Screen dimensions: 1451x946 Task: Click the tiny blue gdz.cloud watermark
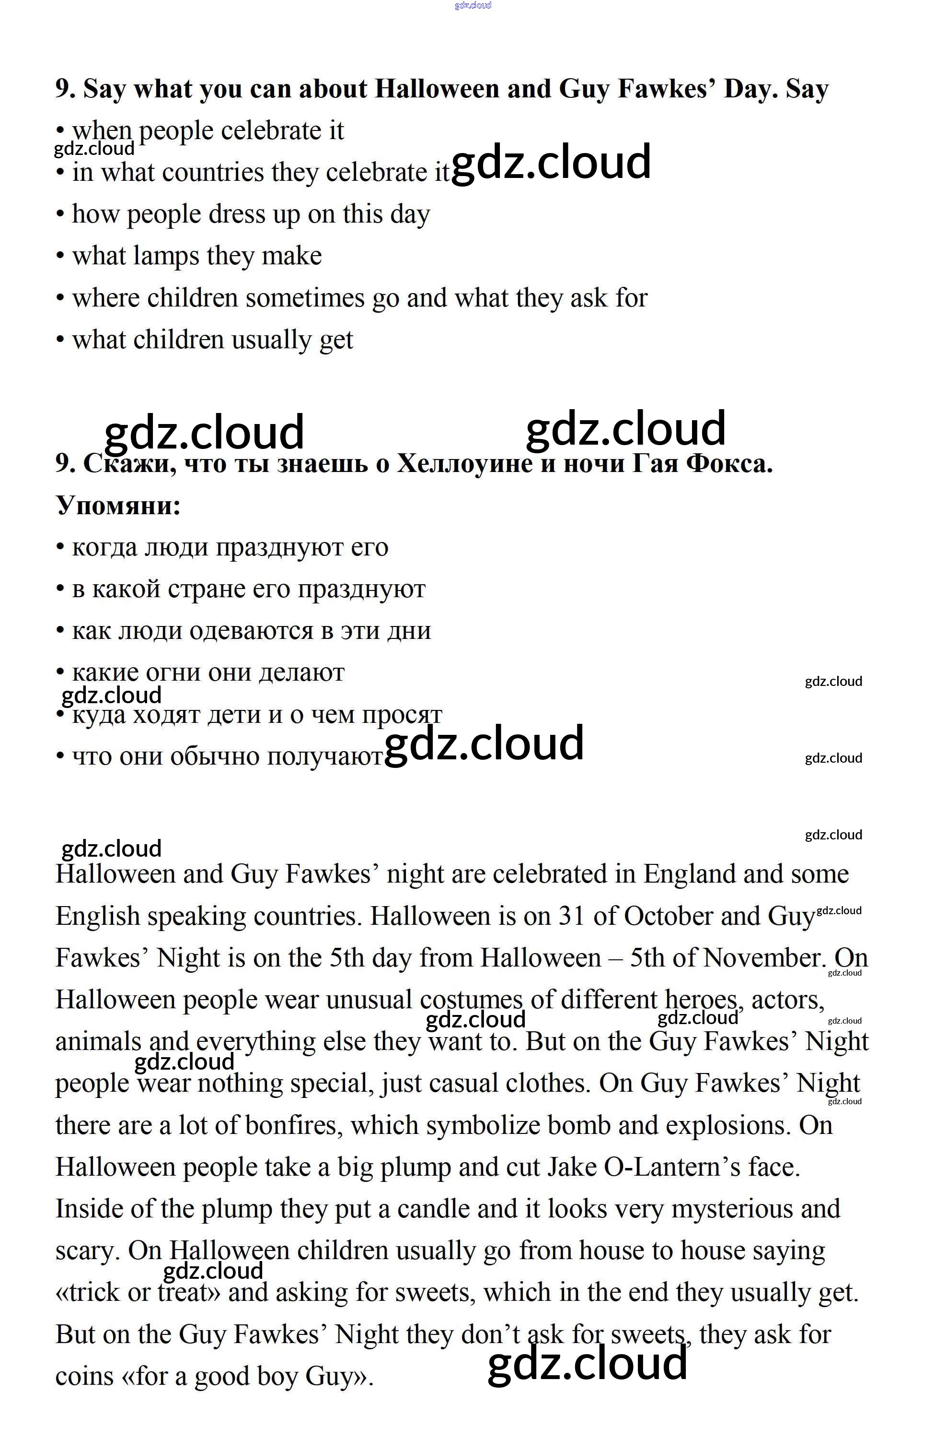pos(473,5)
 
